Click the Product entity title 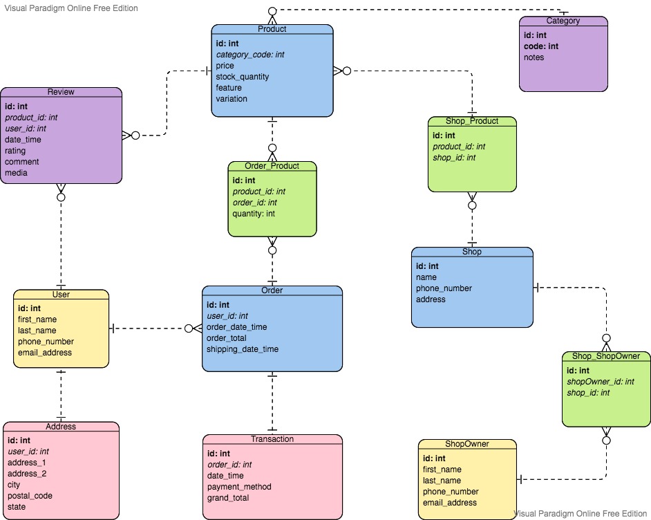tap(272, 29)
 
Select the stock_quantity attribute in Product tap(242, 77)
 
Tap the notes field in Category tap(534, 57)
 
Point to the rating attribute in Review tap(16, 151)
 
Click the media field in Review tap(16, 173)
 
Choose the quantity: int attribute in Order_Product tap(254, 214)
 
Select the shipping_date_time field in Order tap(242, 349)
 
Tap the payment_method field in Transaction tap(239, 487)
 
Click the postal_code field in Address tap(30, 496)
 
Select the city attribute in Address tap(15, 485)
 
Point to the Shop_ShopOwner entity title tap(605, 357)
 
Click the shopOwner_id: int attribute tap(600, 382)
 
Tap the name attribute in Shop tap(426, 277)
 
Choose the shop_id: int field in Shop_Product tap(454, 158)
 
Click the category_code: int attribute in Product tap(250, 55)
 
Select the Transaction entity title tap(272, 439)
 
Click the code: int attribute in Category tap(541, 46)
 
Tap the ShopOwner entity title tap(466, 444)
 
